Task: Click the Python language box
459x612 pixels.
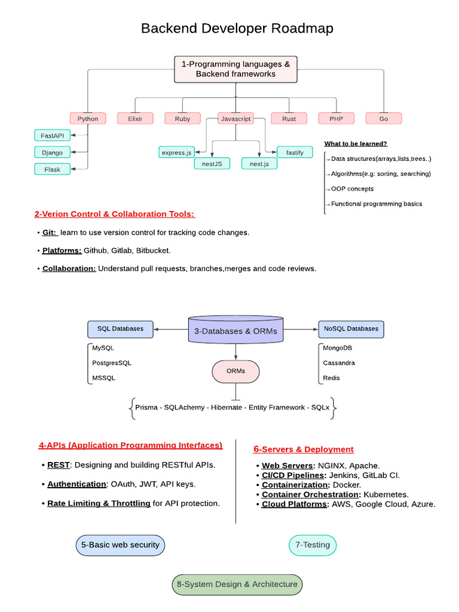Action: tap(88, 119)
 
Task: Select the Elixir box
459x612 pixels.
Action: tap(135, 119)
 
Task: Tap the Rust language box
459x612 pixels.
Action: tap(289, 119)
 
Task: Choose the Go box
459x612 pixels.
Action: tap(384, 119)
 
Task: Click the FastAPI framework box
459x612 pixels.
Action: tap(53, 136)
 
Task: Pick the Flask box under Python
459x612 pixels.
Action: tap(53, 169)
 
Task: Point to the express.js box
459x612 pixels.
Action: tap(176, 152)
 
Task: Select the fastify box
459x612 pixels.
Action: tap(295, 152)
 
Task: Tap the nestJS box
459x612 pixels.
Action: tap(212, 164)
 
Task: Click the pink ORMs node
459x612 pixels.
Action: tap(235, 371)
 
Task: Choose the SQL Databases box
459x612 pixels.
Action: tap(120, 329)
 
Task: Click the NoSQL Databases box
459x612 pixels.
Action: tap(351, 329)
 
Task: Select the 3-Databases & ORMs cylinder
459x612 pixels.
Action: tap(235, 330)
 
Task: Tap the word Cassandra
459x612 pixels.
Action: tap(339, 363)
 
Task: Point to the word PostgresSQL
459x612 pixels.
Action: tap(112, 363)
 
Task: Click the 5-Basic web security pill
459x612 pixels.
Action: tap(120, 545)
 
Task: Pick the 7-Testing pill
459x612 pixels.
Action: tap(313, 545)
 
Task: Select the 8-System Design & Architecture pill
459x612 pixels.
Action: tap(237, 585)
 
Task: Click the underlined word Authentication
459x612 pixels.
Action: tap(76, 484)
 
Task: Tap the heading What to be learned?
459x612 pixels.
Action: tap(356, 143)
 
